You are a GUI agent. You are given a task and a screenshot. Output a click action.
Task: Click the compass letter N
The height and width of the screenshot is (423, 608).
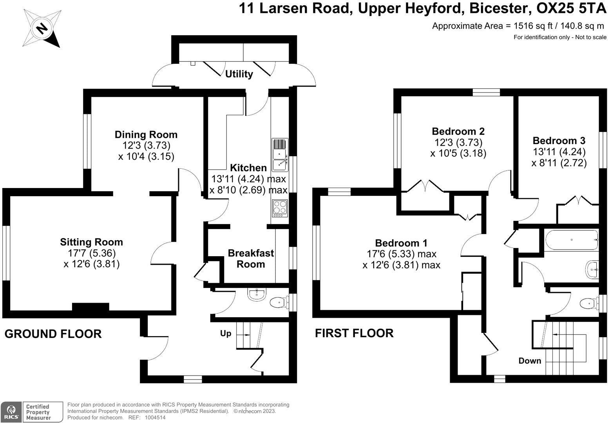click(42, 28)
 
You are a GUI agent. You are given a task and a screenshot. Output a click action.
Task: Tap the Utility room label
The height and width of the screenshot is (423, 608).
click(239, 74)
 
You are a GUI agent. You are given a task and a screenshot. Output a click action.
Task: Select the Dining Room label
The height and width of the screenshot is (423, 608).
click(146, 135)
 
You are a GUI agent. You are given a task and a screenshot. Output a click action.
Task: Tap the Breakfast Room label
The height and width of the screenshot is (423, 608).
click(251, 258)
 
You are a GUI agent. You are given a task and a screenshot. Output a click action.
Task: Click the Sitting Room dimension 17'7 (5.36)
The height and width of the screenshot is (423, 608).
click(91, 253)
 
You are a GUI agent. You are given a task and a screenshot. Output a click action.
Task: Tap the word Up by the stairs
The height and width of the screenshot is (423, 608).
click(226, 333)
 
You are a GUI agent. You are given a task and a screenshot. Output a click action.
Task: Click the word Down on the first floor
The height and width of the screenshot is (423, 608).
click(530, 361)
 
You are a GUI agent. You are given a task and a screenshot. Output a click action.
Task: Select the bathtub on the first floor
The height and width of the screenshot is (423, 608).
click(571, 240)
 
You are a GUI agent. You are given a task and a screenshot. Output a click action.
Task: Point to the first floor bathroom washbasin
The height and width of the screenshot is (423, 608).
click(592, 269)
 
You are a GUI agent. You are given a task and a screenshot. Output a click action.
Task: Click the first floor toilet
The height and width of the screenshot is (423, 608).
click(589, 303)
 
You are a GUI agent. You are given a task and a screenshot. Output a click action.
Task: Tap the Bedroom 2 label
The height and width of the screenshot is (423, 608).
click(458, 131)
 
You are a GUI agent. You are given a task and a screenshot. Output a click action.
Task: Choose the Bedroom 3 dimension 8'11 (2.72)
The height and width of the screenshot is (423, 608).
click(559, 163)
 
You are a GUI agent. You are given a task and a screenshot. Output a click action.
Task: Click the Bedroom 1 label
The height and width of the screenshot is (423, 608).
click(401, 243)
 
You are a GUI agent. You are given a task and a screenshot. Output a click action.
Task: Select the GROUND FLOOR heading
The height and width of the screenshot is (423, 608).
click(53, 334)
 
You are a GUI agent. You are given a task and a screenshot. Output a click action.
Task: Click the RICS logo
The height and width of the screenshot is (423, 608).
click(11, 412)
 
